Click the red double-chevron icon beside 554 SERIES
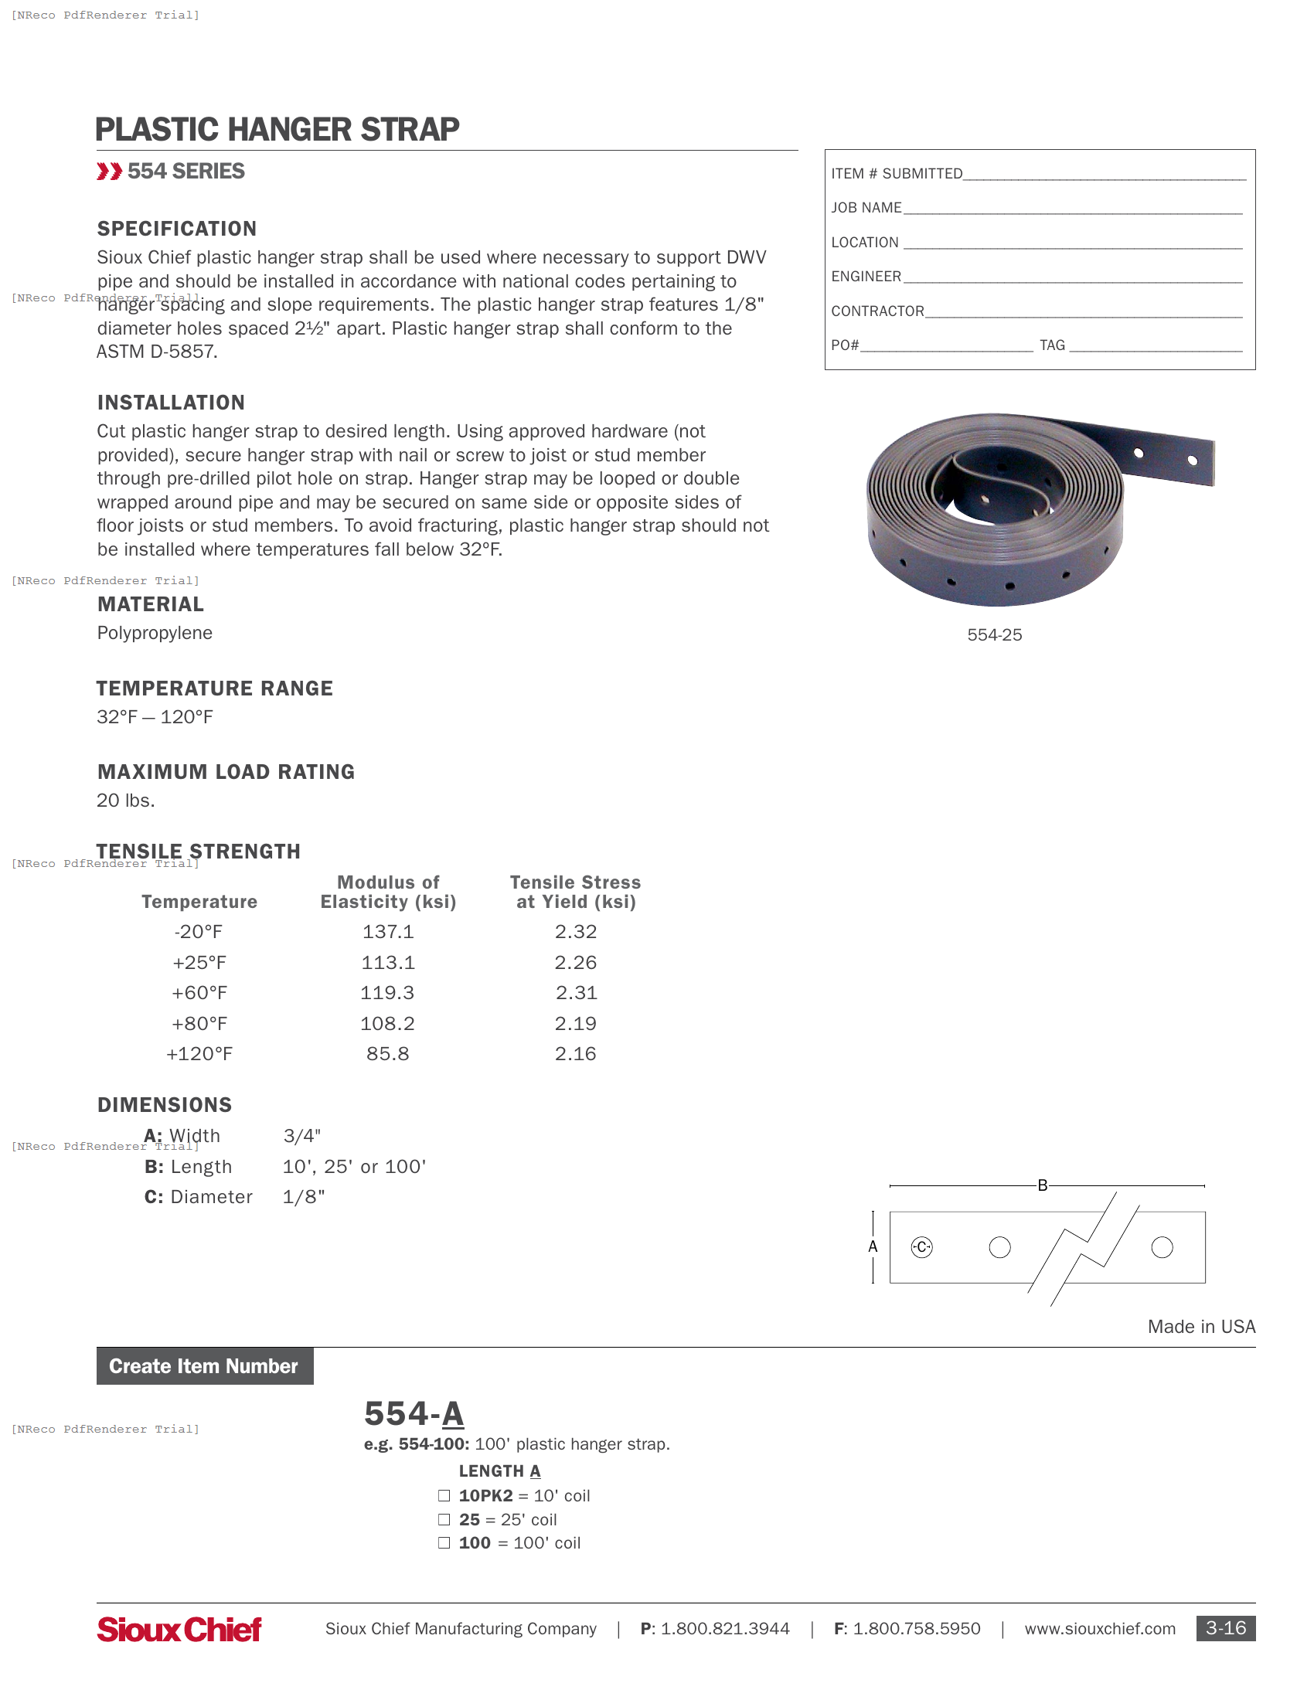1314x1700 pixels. (109, 172)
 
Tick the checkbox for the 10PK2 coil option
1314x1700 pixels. (444, 1495)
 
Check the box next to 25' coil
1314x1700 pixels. (444, 1519)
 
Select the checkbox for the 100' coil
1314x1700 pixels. (444, 1543)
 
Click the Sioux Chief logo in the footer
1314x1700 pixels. (179, 1629)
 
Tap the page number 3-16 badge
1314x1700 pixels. (1225, 1628)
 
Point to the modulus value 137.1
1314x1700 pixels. (388, 932)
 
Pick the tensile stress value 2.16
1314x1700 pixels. (575, 1054)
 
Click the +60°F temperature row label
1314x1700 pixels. (199, 993)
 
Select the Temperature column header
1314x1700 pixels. (199, 901)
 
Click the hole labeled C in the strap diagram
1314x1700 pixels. (921, 1247)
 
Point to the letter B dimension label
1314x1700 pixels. (1043, 1185)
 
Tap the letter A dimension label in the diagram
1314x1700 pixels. (873, 1247)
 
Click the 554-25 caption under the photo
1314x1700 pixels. (994, 635)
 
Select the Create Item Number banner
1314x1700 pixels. (205, 1366)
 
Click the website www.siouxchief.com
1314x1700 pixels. (1099, 1629)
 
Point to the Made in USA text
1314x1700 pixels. (1201, 1327)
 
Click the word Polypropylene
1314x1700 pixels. (155, 633)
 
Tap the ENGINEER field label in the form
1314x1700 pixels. (866, 277)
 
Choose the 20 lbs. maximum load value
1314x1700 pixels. (126, 801)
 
